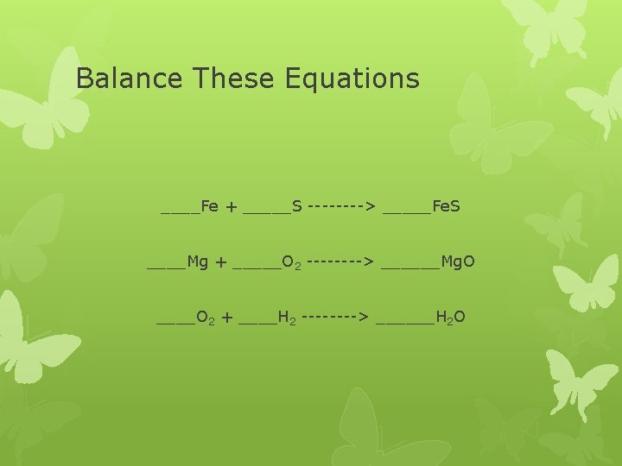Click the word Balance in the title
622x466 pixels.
(x=130, y=79)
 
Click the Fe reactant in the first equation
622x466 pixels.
(x=209, y=206)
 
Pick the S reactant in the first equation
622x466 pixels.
(x=296, y=206)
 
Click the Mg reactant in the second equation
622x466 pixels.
(x=198, y=261)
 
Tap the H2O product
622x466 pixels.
(x=451, y=318)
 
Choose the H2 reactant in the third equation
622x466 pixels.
(x=287, y=318)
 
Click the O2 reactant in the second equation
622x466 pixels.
(x=291, y=261)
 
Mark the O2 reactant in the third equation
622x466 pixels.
(x=206, y=318)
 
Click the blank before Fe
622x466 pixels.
(x=180, y=211)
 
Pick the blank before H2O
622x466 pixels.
(x=406, y=322)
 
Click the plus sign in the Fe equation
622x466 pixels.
(x=232, y=207)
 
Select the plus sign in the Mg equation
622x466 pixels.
(x=221, y=262)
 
